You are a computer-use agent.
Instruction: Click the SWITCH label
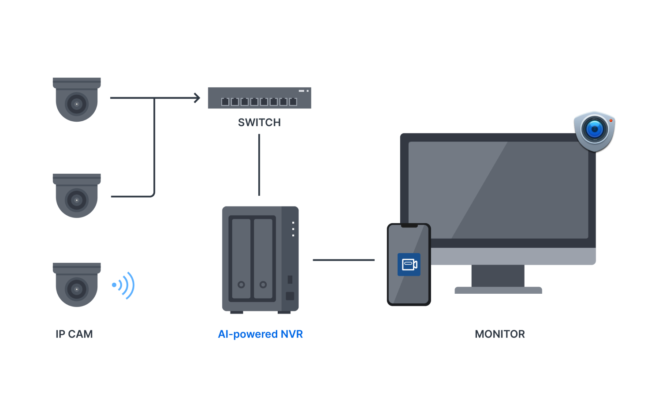click(259, 122)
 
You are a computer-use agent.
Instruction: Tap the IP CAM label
click(74, 334)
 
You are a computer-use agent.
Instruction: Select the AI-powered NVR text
click(261, 334)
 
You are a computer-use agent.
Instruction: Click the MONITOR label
click(500, 334)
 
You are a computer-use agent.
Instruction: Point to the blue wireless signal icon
click(124, 285)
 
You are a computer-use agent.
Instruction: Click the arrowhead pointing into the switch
click(197, 98)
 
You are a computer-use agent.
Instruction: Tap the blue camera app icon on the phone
click(409, 264)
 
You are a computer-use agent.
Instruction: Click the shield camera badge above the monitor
click(594, 130)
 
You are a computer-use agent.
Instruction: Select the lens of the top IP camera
click(77, 104)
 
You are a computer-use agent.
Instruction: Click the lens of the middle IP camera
click(77, 200)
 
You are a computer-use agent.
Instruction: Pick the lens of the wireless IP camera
click(77, 289)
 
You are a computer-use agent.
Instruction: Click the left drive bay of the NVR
click(241, 258)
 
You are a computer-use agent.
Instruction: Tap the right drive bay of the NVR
click(263, 258)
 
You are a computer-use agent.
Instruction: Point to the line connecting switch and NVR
click(259, 165)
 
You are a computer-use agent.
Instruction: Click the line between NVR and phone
click(344, 260)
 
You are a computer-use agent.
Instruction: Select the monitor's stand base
click(498, 290)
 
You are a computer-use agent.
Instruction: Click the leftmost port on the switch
click(225, 102)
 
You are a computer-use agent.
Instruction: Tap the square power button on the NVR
click(290, 296)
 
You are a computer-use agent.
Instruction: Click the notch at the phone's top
click(409, 226)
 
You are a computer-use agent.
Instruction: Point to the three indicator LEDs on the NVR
click(293, 229)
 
